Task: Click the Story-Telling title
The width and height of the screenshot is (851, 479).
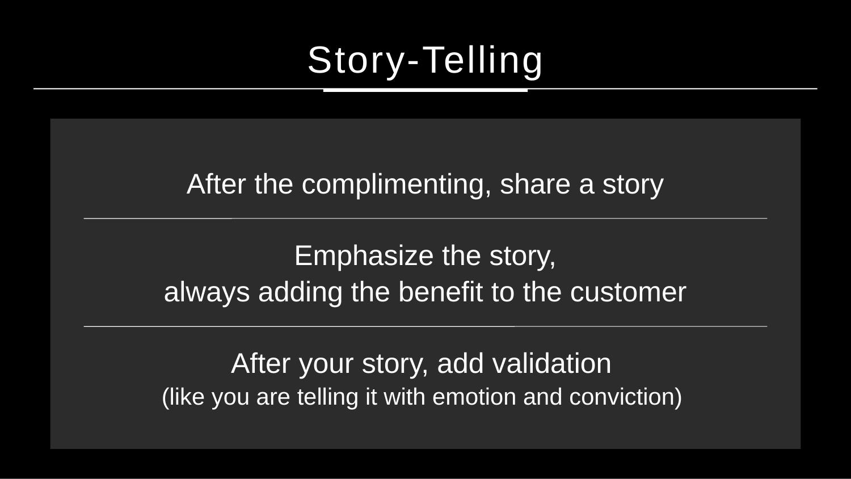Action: (x=425, y=61)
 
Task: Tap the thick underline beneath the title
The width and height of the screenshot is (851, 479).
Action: (x=425, y=90)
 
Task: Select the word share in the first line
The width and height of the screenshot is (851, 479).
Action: (x=536, y=184)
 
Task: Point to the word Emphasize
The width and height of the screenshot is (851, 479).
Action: (x=364, y=257)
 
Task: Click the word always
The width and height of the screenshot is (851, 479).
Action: (x=207, y=293)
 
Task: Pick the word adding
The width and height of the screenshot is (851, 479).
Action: (x=300, y=293)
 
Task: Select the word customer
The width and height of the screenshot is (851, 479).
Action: (x=629, y=293)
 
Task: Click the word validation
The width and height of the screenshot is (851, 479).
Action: (x=552, y=363)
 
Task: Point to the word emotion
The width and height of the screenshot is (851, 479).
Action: (x=474, y=397)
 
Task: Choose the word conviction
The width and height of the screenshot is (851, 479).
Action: (x=622, y=397)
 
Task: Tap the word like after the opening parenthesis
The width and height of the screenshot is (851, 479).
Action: (x=186, y=397)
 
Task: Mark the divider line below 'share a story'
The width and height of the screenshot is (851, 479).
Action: (x=425, y=219)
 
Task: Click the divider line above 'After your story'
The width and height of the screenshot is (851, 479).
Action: (x=425, y=326)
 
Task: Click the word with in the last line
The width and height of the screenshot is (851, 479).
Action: (x=404, y=397)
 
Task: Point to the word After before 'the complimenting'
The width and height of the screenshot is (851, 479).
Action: (x=216, y=184)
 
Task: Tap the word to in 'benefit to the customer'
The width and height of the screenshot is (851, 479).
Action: (x=503, y=293)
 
